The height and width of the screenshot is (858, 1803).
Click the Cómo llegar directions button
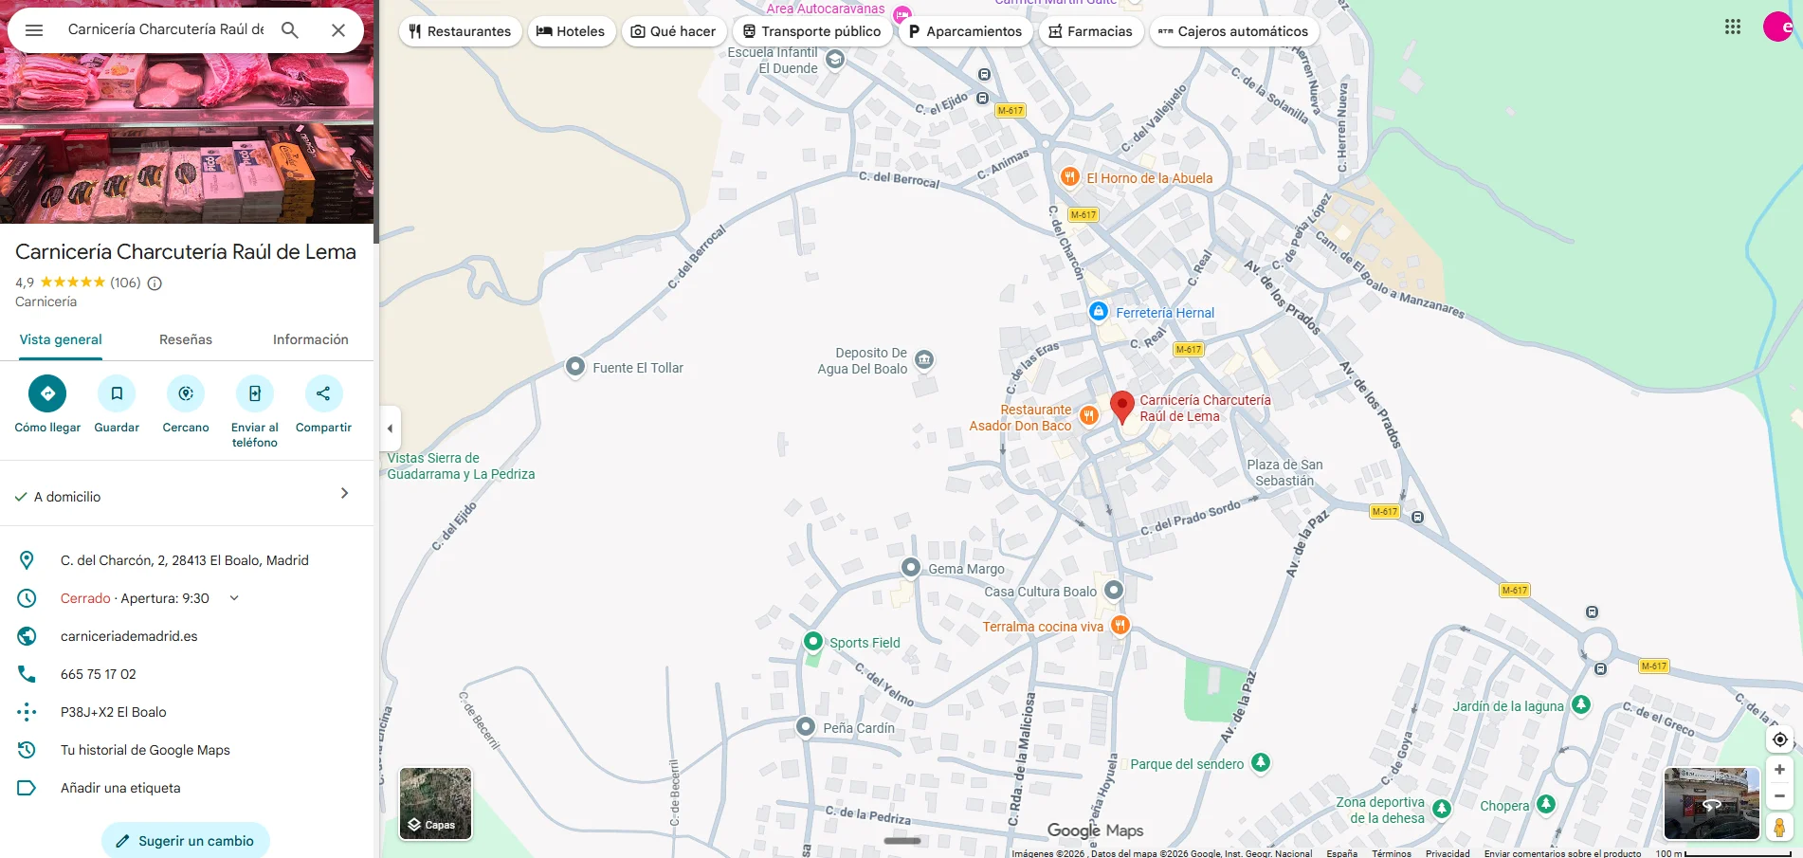coord(47,393)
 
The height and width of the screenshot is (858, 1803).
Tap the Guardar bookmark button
coord(117,393)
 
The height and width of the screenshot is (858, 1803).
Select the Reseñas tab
coord(186,339)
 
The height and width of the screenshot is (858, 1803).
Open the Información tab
coord(310,339)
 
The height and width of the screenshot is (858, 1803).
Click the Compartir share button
coord(323,393)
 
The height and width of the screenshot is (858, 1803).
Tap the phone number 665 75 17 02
coord(99,674)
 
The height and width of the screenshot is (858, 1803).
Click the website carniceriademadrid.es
coord(129,636)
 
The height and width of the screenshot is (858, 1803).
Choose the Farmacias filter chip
coord(1091,31)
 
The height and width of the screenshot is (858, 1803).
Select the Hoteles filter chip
coord(571,31)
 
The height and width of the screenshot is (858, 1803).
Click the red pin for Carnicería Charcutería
coord(1122,406)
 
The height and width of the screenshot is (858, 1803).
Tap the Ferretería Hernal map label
coord(1164,313)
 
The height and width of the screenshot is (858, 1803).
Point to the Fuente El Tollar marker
coord(575,367)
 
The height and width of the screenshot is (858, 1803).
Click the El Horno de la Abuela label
coord(1149,178)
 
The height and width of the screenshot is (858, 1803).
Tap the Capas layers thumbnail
coord(435,803)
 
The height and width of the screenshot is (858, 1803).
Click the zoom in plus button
coord(1779,770)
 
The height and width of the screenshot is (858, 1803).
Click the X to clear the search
coord(338,30)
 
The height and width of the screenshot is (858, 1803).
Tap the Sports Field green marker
coord(812,642)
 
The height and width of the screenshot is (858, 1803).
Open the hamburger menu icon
coord(34,30)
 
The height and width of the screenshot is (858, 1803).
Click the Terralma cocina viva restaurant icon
coord(1120,625)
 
